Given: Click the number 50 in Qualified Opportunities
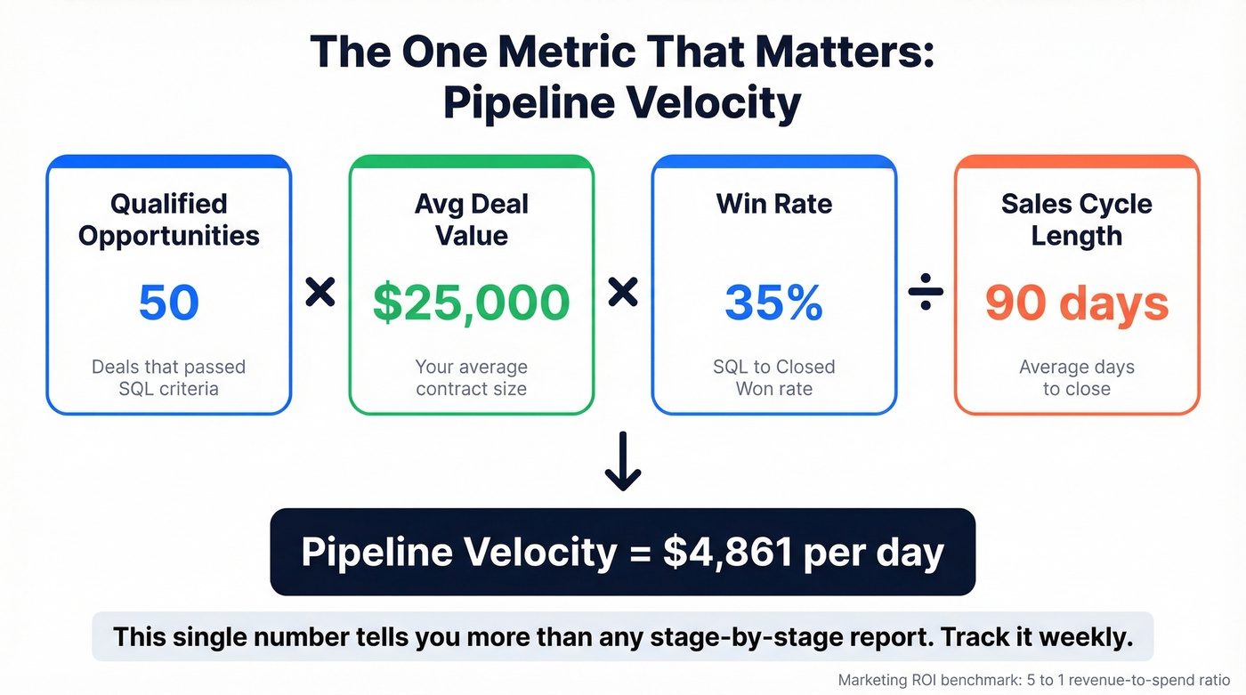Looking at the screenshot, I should tap(169, 303).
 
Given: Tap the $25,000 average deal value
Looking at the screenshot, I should tap(471, 303).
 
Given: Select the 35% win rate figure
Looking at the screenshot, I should tap(773, 303).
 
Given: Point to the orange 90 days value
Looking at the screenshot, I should tap(1076, 303).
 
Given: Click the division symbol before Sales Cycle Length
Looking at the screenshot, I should tap(926, 292).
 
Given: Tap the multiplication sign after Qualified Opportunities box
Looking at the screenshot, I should tap(320, 292).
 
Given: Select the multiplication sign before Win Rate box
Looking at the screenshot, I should tap(623, 292).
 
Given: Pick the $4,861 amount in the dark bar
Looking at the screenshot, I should tap(728, 553).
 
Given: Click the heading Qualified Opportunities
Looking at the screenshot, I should tap(169, 220).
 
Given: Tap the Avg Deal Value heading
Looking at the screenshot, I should tap(471, 220).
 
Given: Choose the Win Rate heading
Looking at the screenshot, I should tap(773, 204).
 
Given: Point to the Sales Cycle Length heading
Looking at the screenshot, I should tap(1076, 220).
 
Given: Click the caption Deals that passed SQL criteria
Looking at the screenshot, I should tap(169, 377).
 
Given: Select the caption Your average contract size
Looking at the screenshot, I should tap(471, 377).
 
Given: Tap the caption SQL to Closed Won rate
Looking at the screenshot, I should tap(773, 377).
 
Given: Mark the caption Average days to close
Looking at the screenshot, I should tap(1076, 377).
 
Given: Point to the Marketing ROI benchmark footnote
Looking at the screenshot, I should tap(1033, 679).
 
